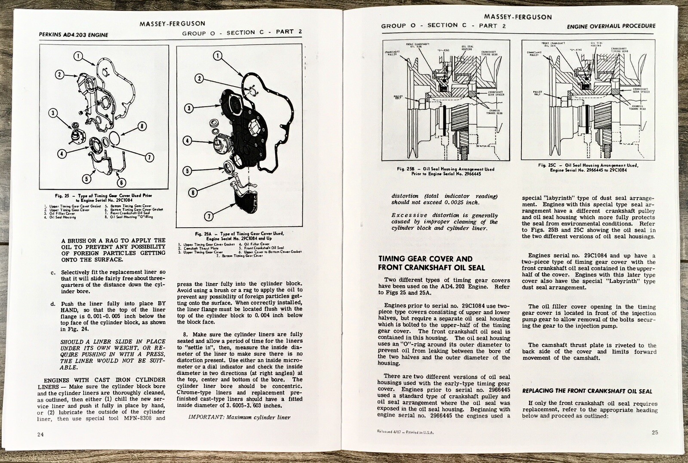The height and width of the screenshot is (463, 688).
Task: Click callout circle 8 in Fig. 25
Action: [141, 127]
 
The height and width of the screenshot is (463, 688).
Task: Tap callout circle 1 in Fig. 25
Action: [78, 56]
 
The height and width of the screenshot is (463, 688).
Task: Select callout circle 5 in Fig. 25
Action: [87, 179]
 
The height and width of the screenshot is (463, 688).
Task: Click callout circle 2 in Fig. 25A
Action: [199, 78]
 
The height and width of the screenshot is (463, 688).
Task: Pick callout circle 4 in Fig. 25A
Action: [187, 140]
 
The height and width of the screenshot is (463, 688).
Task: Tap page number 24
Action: [40, 434]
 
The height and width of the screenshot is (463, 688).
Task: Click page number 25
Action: [654, 432]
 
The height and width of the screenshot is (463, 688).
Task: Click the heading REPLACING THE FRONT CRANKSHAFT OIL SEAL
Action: [587, 391]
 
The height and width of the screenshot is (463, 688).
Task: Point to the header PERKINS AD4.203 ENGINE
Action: [73, 35]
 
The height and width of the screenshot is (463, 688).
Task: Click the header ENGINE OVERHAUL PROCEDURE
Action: [611, 26]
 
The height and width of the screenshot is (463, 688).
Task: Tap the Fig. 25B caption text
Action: [445, 171]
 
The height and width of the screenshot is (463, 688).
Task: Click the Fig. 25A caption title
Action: [239, 236]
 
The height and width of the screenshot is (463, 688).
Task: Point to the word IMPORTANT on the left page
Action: [205, 417]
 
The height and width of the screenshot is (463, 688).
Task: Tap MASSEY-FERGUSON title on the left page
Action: [172, 24]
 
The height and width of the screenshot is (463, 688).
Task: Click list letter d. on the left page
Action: [53, 304]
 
